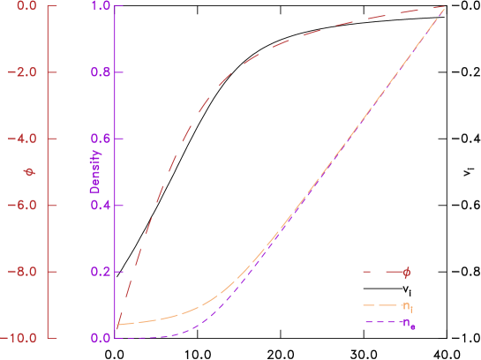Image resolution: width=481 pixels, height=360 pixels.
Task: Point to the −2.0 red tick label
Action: (22, 72)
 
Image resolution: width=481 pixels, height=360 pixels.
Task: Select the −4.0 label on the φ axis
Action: (22, 139)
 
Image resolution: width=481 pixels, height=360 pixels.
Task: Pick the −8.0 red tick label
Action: (22, 272)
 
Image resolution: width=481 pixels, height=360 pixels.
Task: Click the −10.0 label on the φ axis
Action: (19, 338)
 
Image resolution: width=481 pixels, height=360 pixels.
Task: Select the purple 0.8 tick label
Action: (100, 72)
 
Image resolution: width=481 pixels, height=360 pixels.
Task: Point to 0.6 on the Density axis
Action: (100, 139)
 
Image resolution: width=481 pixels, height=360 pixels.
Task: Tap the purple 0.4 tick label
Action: (100, 206)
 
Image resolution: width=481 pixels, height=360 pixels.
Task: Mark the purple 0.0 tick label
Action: (100, 338)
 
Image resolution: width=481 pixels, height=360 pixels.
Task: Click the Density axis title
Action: (95, 172)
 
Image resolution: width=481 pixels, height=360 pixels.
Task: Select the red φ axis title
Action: (28, 172)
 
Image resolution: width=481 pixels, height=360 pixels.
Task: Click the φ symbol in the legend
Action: (406, 273)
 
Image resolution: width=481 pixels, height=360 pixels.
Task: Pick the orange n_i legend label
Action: (407, 306)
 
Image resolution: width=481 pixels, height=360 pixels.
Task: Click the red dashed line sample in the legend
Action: (380, 272)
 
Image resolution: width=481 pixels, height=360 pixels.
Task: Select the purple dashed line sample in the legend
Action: (380, 322)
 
